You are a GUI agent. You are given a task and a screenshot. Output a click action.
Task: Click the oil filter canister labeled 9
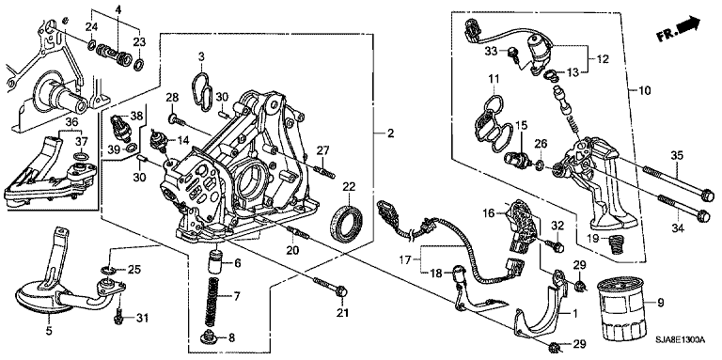coord(620,310)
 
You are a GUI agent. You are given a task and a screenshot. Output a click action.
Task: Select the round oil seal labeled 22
coord(347,225)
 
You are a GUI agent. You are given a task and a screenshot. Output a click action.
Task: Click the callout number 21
coord(341,314)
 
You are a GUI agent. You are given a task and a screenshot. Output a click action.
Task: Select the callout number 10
coord(645,90)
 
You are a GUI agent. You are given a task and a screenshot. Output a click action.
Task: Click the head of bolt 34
coord(702,215)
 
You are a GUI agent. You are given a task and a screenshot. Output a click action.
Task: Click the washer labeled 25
coord(106,269)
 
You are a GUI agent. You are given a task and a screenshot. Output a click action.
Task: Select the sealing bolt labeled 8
coord(206,338)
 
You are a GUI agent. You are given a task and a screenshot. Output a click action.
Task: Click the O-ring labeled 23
coord(138,64)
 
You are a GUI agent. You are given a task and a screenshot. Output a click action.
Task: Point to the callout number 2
coord(390,133)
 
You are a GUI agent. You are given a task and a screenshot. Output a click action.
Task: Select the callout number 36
coord(71,122)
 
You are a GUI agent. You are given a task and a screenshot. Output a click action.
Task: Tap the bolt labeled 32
coord(556,246)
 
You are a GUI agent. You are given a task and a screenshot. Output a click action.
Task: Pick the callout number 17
coord(405,260)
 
